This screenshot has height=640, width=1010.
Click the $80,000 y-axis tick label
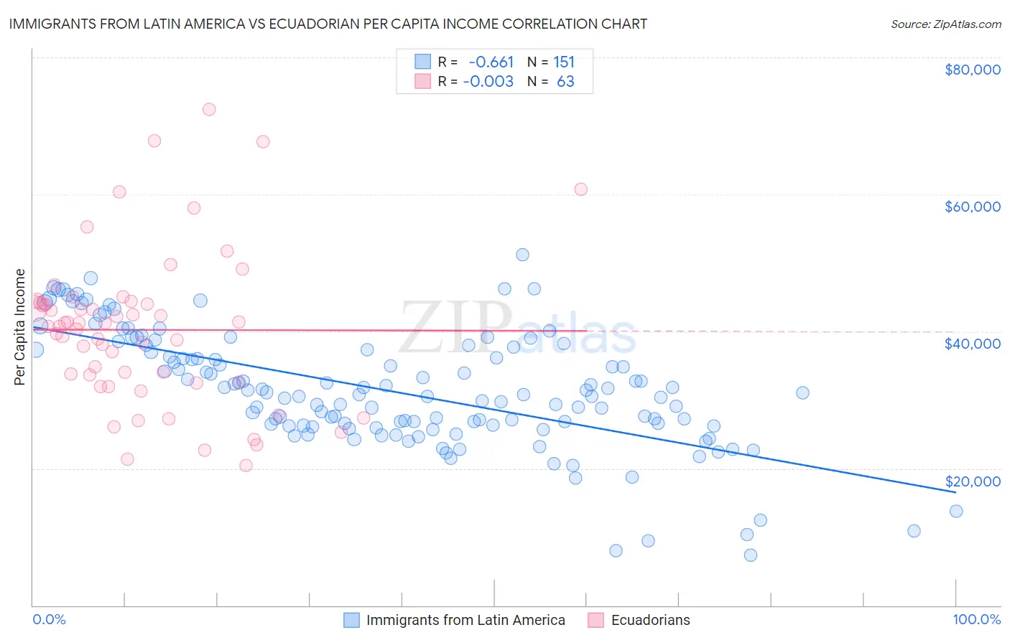click(x=972, y=70)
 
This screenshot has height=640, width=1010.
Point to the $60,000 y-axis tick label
click(x=972, y=207)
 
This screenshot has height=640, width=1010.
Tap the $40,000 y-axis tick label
click(x=972, y=344)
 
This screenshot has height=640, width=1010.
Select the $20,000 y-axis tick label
click(x=972, y=481)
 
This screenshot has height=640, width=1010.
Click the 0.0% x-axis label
click(x=49, y=619)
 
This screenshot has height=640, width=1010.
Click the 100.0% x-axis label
click(x=976, y=619)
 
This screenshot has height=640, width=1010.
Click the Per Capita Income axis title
click(x=20, y=326)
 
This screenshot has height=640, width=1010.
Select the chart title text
click(x=328, y=24)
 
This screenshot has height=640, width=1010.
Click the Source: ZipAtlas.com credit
click(x=945, y=24)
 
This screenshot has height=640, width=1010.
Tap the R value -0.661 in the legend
click(x=491, y=62)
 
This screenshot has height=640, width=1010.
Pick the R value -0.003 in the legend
click(x=488, y=82)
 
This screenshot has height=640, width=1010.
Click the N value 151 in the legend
click(x=564, y=62)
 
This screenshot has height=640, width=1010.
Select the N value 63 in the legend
click(x=565, y=82)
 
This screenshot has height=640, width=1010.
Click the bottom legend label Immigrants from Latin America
click(x=465, y=620)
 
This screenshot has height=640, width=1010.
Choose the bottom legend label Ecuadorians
click(x=650, y=620)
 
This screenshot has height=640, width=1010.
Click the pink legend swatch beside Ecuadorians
click(x=596, y=620)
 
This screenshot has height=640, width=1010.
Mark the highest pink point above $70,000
click(x=209, y=109)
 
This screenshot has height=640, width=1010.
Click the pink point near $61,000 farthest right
click(x=580, y=189)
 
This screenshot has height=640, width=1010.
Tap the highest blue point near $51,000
click(x=522, y=255)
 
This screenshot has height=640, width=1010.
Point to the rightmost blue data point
click(x=955, y=511)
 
